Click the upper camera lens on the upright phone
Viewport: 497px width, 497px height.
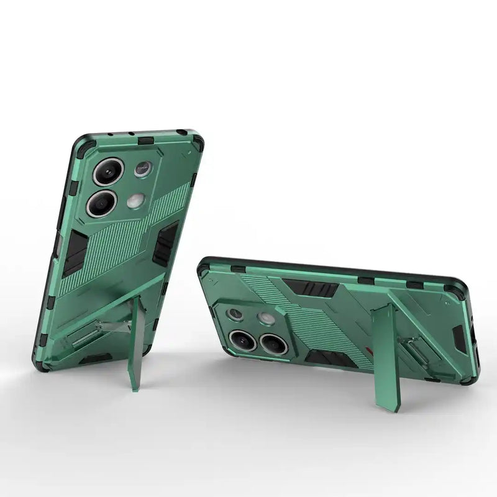pos(109,171)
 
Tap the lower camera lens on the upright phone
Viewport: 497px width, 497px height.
pos(102,204)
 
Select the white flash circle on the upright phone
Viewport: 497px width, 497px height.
pos(136,201)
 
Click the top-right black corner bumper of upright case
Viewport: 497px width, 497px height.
pos(196,142)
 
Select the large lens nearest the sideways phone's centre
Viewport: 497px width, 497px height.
pos(273,344)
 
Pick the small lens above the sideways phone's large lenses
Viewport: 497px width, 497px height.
pos(235,314)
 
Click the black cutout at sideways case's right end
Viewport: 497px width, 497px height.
pos(459,339)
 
